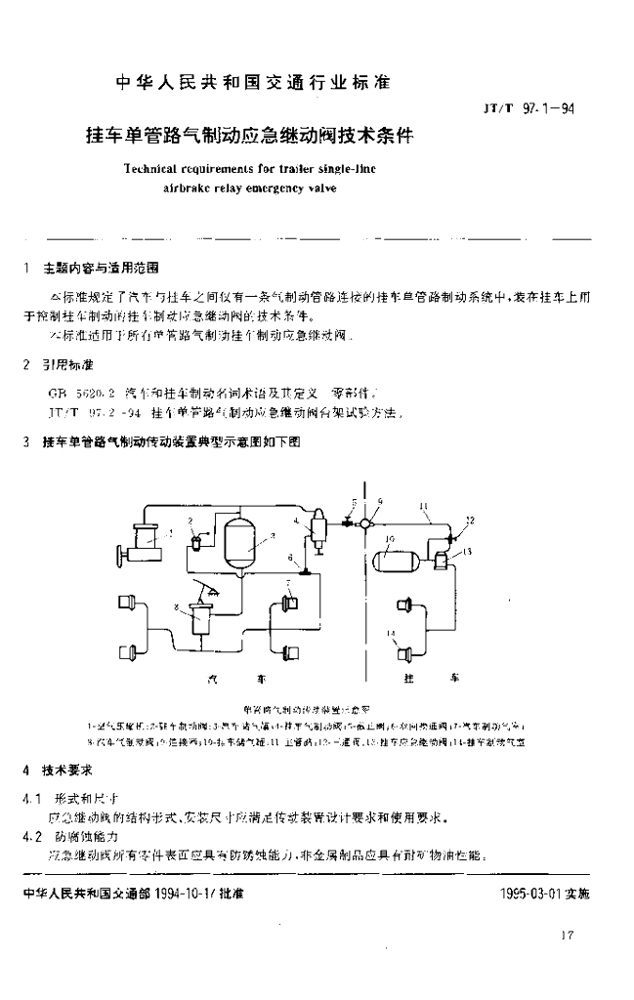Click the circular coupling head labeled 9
coord(364,522)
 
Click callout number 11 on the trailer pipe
coord(422,505)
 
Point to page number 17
coord(569,937)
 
